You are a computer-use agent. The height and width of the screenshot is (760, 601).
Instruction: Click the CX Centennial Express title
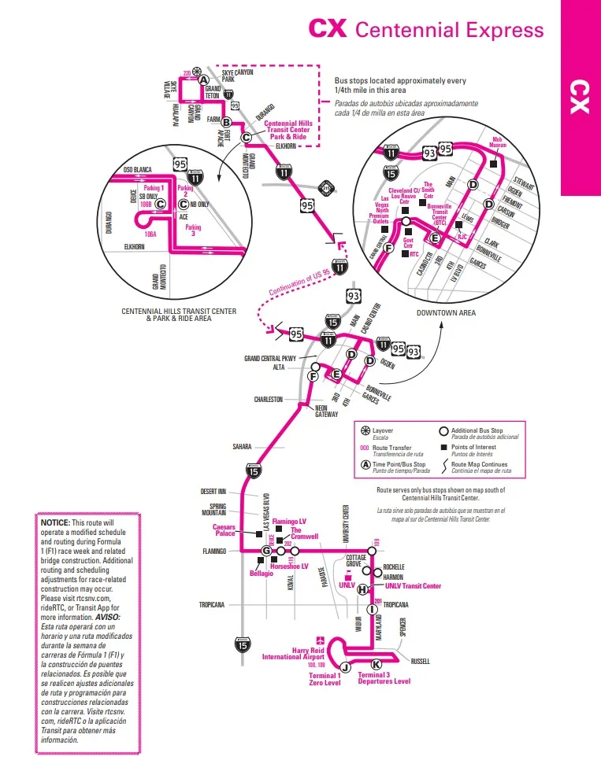pyautogui.click(x=425, y=29)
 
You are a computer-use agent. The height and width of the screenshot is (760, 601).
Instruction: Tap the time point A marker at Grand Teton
pyautogui.click(x=203, y=80)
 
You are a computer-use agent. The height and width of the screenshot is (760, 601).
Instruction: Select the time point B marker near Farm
pyautogui.click(x=225, y=122)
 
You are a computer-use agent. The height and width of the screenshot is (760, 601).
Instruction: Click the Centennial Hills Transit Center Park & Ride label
pyautogui.click(x=291, y=130)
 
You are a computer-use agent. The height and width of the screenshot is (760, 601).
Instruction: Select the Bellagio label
pyautogui.click(x=262, y=574)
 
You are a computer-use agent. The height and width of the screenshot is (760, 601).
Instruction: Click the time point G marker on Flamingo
pyautogui.click(x=266, y=551)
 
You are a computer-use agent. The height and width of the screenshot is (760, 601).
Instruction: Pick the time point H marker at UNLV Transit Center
pyautogui.click(x=362, y=589)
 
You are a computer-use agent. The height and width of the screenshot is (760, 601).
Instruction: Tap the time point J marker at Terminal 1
pyautogui.click(x=345, y=667)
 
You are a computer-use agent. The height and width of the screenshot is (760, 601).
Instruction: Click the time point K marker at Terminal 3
pyautogui.click(x=376, y=664)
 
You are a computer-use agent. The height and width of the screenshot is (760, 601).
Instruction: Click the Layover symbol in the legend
pyautogui.click(x=365, y=431)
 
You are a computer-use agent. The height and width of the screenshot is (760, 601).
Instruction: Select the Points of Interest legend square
pyautogui.click(x=443, y=447)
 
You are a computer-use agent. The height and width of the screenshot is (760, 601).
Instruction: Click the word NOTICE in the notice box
pyautogui.click(x=54, y=522)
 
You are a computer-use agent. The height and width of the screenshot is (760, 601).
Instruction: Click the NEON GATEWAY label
pyautogui.click(x=326, y=411)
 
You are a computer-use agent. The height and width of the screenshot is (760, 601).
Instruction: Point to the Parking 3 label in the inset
pyautogui.click(x=192, y=231)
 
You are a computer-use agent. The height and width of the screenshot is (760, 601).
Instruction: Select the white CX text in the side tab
pyautogui.click(x=580, y=96)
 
